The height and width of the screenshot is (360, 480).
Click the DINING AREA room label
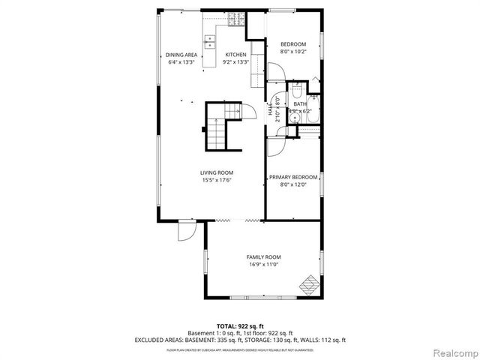[x=181, y=55]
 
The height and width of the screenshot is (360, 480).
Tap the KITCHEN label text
[x=236, y=55]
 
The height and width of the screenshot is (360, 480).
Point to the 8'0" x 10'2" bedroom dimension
[x=293, y=52]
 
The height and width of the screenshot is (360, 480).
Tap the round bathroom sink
[x=295, y=117]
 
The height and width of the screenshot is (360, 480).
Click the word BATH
[x=300, y=103]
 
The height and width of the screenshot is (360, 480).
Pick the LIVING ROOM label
[x=216, y=172]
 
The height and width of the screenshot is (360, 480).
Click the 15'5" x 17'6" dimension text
[x=216, y=180]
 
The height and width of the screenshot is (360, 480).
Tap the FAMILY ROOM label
[x=263, y=256]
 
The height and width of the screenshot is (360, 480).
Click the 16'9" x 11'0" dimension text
[x=263, y=264]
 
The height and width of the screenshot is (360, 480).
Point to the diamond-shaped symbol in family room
[x=308, y=284]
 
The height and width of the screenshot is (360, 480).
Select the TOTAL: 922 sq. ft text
[x=239, y=325]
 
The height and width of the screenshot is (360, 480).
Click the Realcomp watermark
[x=452, y=351]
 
